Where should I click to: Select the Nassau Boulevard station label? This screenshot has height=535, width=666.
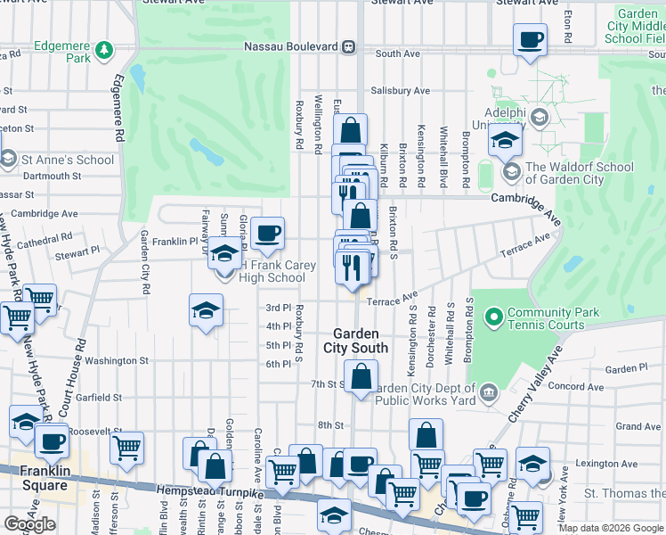click(x=293, y=46)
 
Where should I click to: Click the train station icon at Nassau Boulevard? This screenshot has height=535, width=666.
click(x=350, y=46)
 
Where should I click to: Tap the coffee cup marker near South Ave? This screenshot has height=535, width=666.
click(x=531, y=40)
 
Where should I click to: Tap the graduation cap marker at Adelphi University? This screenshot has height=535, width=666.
click(x=505, y=140)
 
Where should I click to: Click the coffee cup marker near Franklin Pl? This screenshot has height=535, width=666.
click(x=267, y=235)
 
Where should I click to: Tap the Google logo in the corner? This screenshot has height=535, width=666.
click(x=28, y=524)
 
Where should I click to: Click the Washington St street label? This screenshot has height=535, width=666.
click(x=118, y=361)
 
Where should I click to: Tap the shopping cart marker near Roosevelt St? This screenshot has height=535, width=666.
click(x=128, y=447)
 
